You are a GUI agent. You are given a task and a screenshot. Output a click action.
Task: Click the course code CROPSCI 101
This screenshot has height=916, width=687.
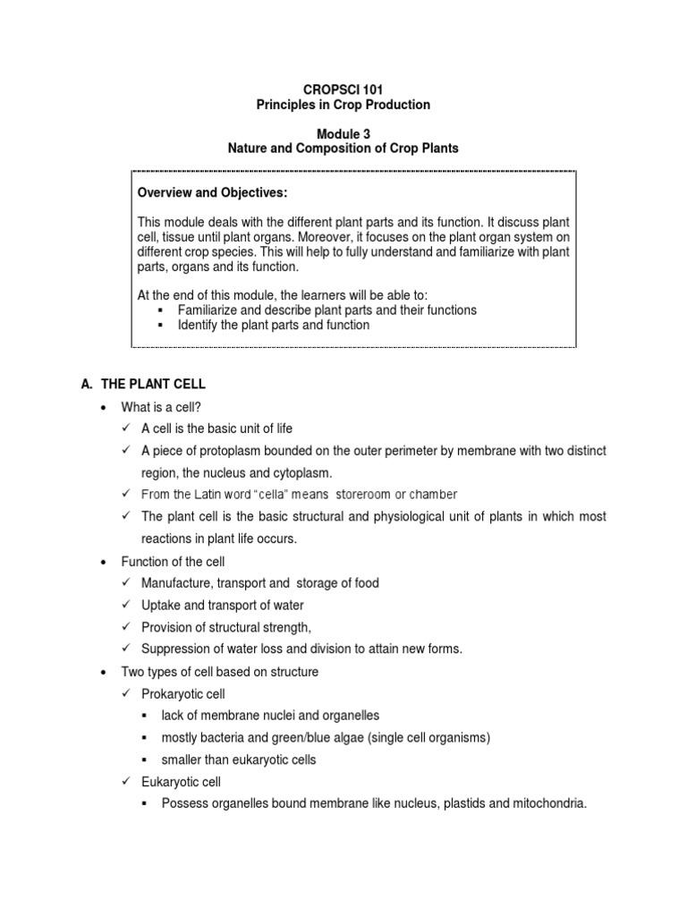click(343, 89)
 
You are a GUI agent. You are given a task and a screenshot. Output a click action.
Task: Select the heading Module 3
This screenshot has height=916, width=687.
click(343, 133)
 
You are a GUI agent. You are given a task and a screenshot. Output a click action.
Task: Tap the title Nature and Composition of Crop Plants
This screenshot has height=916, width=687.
click(343, 148)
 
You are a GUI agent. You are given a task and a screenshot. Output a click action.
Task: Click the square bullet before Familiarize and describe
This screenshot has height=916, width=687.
click(160, 310)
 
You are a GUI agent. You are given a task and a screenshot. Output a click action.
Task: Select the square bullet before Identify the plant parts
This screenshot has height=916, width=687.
click(160, 325)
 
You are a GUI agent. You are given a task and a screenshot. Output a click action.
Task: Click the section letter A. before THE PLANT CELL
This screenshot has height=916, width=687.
click(87, 384)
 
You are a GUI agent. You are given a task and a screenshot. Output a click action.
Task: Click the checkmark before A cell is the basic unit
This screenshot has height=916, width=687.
click(127, 428)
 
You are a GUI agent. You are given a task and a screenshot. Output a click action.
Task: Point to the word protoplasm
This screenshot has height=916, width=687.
click(225, 451)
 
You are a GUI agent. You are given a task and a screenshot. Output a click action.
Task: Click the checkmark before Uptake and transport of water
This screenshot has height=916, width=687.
click(127, 605)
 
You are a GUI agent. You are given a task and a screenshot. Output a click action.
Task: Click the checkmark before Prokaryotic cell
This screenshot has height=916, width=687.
click(127, 693)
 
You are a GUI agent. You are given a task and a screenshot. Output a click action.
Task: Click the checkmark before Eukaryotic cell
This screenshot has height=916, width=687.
click(127, 782)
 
